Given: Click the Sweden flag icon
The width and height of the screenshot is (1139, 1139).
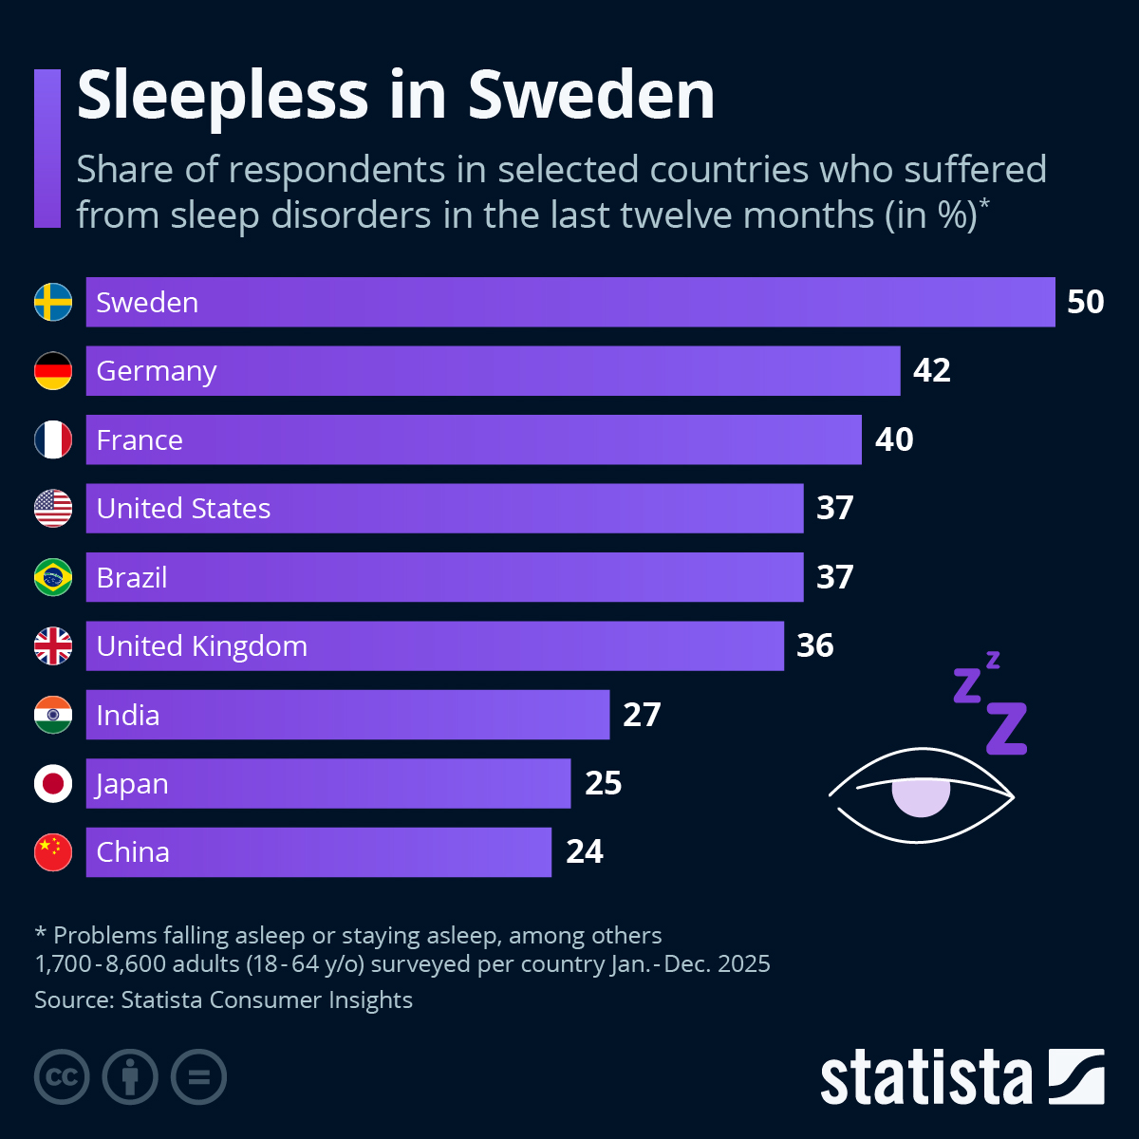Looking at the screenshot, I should pyautogui.click(x=53, y=302).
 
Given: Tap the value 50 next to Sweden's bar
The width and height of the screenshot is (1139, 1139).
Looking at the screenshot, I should pyautogui.click(x=1085, y=302).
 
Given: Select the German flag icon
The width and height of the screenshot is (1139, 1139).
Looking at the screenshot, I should pyautogui.click(x=53, y=371).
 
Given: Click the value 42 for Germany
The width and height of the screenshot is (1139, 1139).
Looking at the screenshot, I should pyautogui.click(x=931, y=370).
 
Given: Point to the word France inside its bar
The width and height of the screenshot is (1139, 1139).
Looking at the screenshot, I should pyautogui.click(x=140, y=440).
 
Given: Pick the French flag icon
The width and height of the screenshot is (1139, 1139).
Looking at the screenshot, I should pyautogui.click(x=53, y=439).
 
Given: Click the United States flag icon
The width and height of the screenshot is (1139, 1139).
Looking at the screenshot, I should pyautogui.click(x=53, y=509).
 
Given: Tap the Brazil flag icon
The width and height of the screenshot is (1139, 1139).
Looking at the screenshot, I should pyautogui.click(x=53, y=577).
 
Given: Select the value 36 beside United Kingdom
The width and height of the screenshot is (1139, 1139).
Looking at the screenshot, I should pyautogui.click(x=814, y=645).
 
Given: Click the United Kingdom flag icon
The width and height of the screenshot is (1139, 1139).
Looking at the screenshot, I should pyautogui.click(x=53, y=646).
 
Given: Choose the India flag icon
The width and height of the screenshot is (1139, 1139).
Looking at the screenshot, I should pyautogui.click(x=53, y=715).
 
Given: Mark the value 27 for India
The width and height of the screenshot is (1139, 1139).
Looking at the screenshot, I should pyautogui.click(x=642, y=715).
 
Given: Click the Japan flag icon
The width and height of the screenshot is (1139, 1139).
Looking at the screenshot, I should pyautogui.click(x=53, y=784).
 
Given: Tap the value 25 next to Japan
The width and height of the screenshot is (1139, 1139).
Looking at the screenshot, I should pyautogui.click(x=603, y=783).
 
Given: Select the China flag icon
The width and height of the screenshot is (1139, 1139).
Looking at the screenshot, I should pyautogui.click(x=53, y=852).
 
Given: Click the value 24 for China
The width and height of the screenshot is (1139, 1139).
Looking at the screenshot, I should pyautogui.click(x=584, y=852).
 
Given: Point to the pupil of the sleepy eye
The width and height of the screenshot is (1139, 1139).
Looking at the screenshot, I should pyautogui.click(x=921, y=797).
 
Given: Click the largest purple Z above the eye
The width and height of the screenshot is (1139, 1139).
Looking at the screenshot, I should pyautogui.click(x=1006, y=728).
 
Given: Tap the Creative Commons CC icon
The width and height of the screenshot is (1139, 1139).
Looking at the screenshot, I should pyautogui.click(x=62, y=1077).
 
